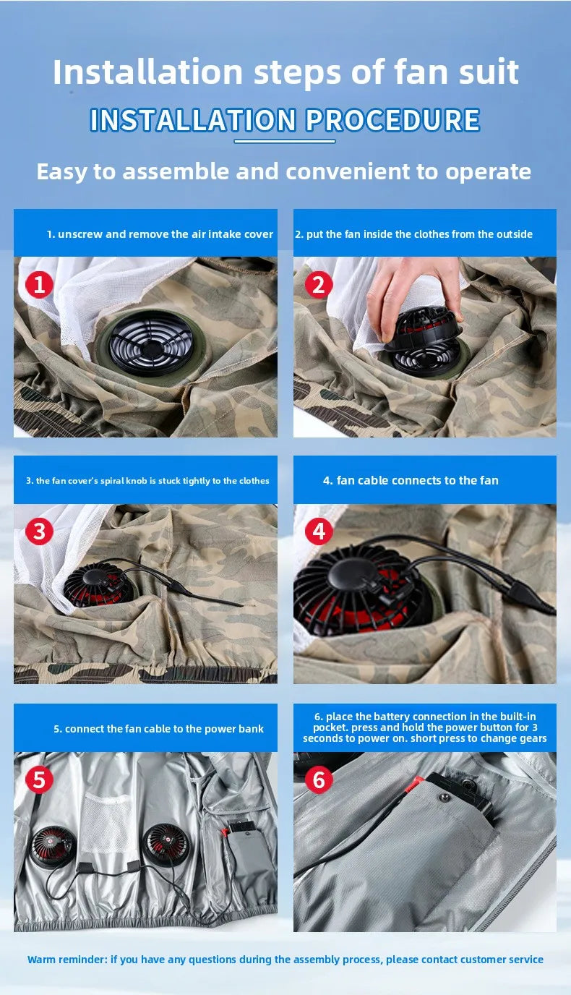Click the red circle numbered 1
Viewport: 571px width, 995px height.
pyautogui.click(x=39, y=284)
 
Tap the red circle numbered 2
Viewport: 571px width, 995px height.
pyautogui.click(x=318, y=284)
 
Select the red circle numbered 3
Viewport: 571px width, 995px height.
pyautogui.click(x=39, y=531)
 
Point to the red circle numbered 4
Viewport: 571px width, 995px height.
pyautogui.click(x=318, y=531)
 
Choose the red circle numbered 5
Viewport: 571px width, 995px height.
pyautogui.click(x=39, y=779)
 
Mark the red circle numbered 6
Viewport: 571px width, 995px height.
pyautogui.click(x=318, y=779)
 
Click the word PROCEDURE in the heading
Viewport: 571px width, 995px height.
pyautogui.click(x=392, y=120)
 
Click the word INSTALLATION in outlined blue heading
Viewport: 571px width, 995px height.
pyautogui.click(x=193, y=120)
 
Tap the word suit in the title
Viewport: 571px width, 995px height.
pyautogui.click(x=489, y=72)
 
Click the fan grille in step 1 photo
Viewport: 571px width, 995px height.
pyautogui.click(x=151, y=343)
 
